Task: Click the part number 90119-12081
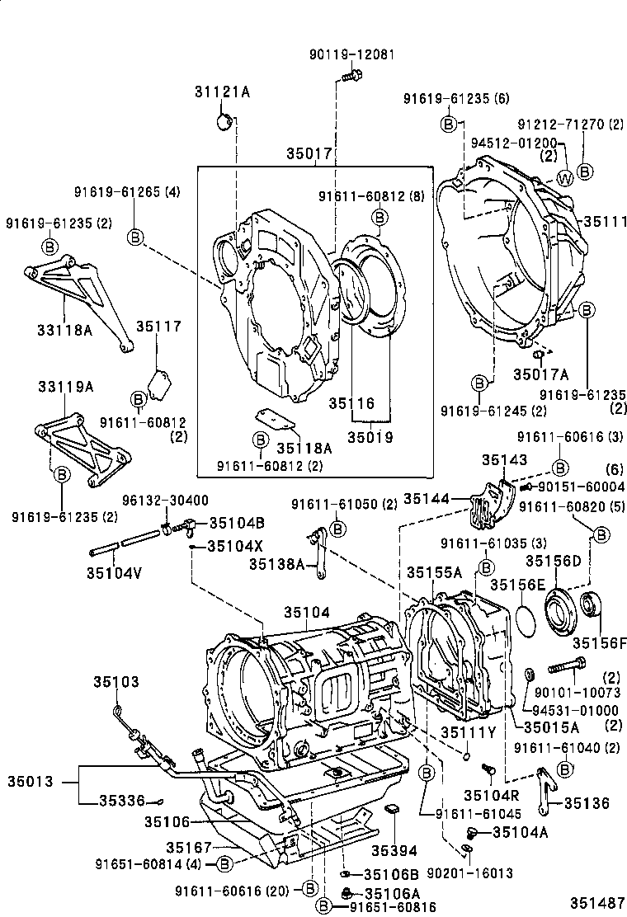pyautogui.click(x=351, y=54)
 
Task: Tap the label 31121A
pyautogui.click(x=222, y=92)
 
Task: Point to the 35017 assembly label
pyautogui.click(x=309, y=153)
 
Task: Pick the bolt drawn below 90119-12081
pyautogui.click(x=350, y=77)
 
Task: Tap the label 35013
pyautogui.click(x=33, y=780)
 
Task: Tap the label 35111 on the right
pyautogui.click(x=605, y=221)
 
